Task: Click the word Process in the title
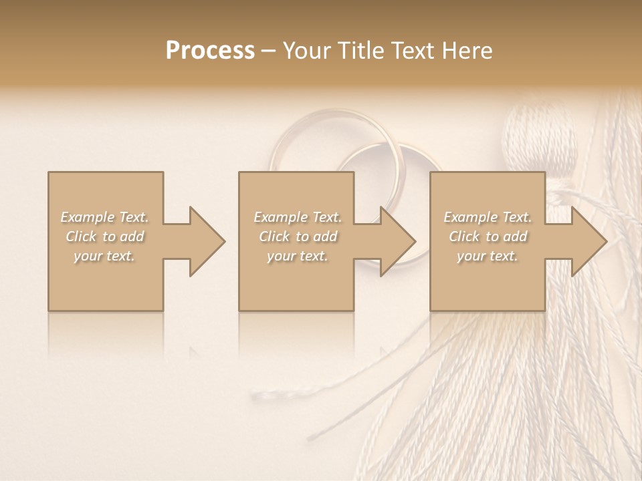[x=210, y=51]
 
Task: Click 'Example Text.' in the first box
[x=104, y=217]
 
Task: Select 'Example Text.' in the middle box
[x=298, y=217]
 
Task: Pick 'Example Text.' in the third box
[x=488, y=217]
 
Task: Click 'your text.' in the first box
[x=104, y=256]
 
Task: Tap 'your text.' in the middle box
[x=298, y=256]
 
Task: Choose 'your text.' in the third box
[x=488, y=256]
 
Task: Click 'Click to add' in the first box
[x=104, y=236]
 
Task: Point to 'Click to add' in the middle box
[x=298, y=236]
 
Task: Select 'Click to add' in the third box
[x=488, y=236]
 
